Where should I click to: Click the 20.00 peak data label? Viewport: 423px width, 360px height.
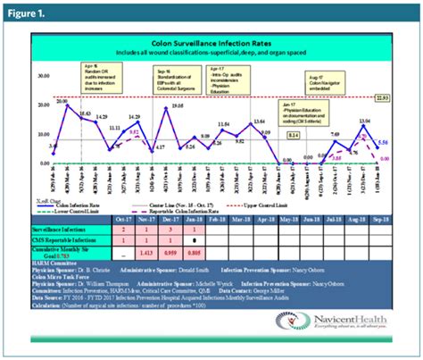(x=61, y=102)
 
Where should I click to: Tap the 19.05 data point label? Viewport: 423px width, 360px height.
(x=178, y=105)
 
